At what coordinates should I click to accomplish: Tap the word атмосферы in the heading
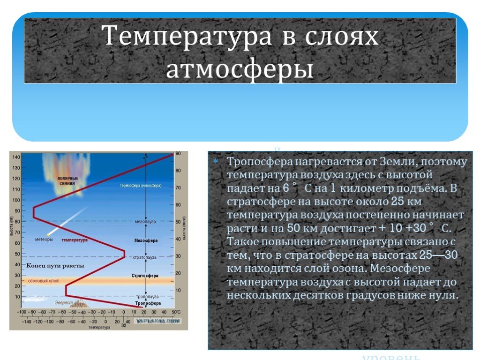240,69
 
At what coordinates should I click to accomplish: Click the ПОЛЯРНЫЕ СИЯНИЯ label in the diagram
67,181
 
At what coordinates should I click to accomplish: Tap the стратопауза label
146,257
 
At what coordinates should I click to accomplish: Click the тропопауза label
147,297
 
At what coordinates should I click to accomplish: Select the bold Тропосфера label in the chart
148,304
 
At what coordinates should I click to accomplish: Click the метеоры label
44,240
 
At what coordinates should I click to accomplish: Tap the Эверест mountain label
64,303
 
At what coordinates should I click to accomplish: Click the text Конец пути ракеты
55,266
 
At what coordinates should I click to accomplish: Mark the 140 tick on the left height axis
16,157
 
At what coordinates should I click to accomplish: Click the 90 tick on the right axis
178,154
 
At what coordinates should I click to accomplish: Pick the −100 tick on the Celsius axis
22,312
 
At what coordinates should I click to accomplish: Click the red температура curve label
75,240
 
